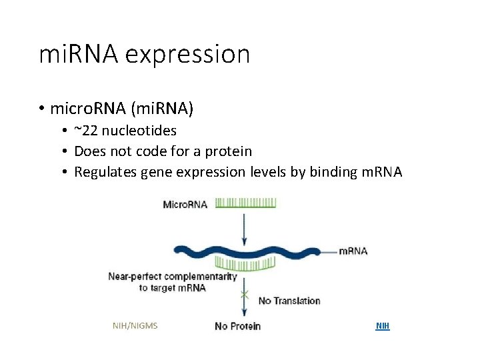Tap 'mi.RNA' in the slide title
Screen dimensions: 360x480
78,55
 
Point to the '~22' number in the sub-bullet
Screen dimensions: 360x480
86,131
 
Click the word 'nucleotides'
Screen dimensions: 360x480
139,131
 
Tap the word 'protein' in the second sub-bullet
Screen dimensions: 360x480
228,151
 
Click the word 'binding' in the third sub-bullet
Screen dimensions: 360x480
333,172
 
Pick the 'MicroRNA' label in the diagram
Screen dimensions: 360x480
185,204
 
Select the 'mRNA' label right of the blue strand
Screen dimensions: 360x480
353,251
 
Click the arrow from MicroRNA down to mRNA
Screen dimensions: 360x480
245,227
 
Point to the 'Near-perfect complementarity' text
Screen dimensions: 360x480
173,276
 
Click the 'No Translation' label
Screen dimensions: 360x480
289,301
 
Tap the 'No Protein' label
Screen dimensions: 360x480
237,326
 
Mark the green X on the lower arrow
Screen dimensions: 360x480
245,293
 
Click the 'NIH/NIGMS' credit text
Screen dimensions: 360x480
135,326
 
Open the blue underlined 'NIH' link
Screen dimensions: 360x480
383,326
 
